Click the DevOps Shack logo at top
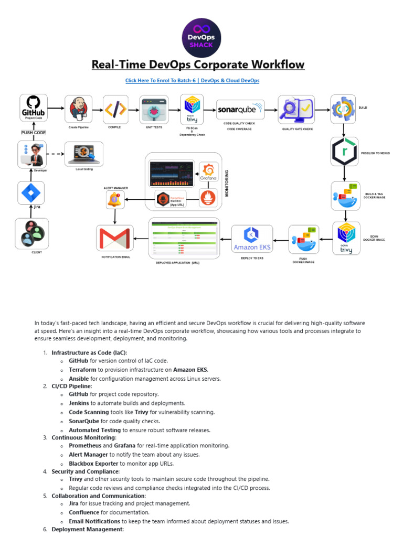[201, 36]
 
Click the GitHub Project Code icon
[34, 109]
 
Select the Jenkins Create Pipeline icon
[78, 109]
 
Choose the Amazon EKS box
[252, 239]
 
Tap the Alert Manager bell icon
[114, 199]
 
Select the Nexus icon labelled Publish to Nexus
[345, 152]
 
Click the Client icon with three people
[32, 233]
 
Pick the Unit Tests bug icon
[153, 109]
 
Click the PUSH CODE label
[34, 133]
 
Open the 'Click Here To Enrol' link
[192, 80]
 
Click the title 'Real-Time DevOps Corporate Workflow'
[198, 65]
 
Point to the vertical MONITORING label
[227, 183]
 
